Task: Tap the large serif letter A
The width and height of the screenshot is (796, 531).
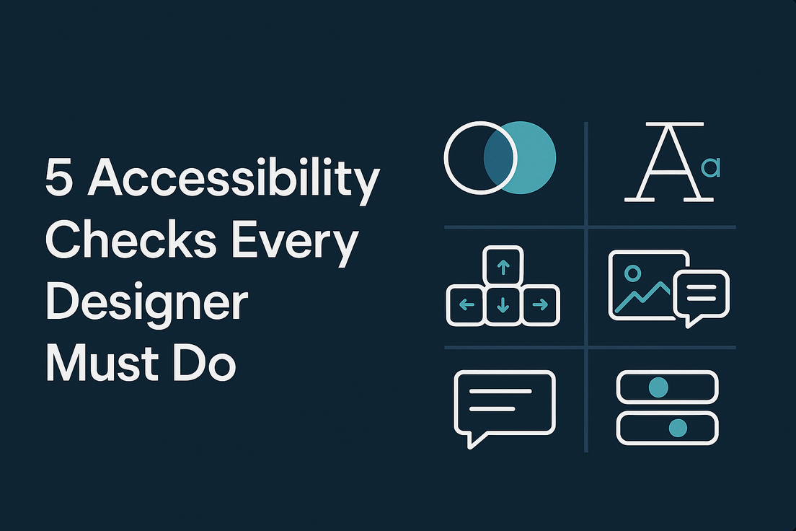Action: pyautogui.click(x=663, y=162)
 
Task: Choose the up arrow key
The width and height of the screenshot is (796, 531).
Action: pyautogui.click(x=503, y=267)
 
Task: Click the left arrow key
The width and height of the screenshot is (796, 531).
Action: pyautogui.click(x=466, y=304)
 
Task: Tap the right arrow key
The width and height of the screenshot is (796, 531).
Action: pyautogui.click(x=540, y=304)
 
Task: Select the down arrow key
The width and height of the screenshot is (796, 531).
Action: pyautogui.click(x=503, y=304)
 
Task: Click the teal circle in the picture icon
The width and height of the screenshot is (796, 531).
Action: pyautogui.click(x=633, y=273)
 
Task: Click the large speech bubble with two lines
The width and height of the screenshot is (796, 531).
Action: pyautogui.click(x=505, y=403)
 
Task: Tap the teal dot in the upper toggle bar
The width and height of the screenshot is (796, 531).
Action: pyautogui.click(x=658, y=387)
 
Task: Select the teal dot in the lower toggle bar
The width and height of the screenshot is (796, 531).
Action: pyautogui.click(x=677, y=428)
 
